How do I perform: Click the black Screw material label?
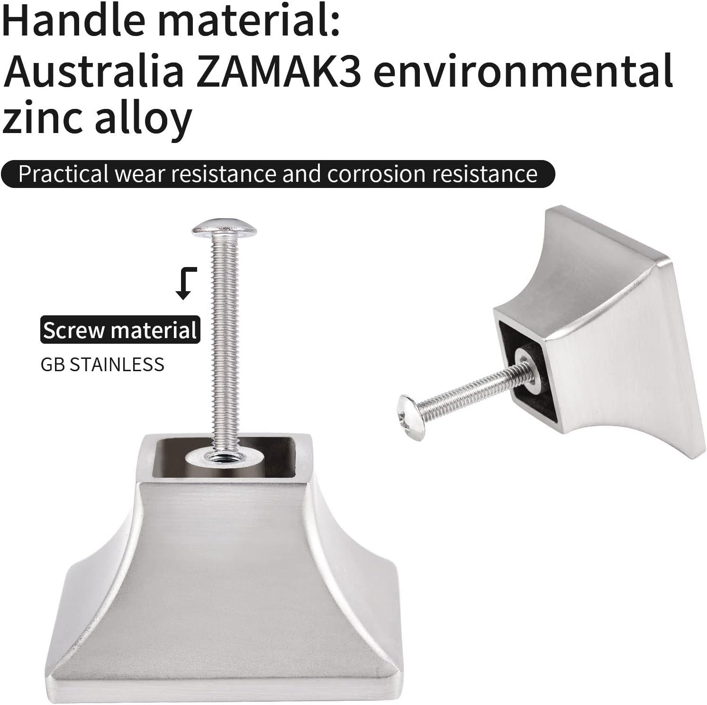tap(120, 330)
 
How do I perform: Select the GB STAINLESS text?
tap(102, 365)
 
